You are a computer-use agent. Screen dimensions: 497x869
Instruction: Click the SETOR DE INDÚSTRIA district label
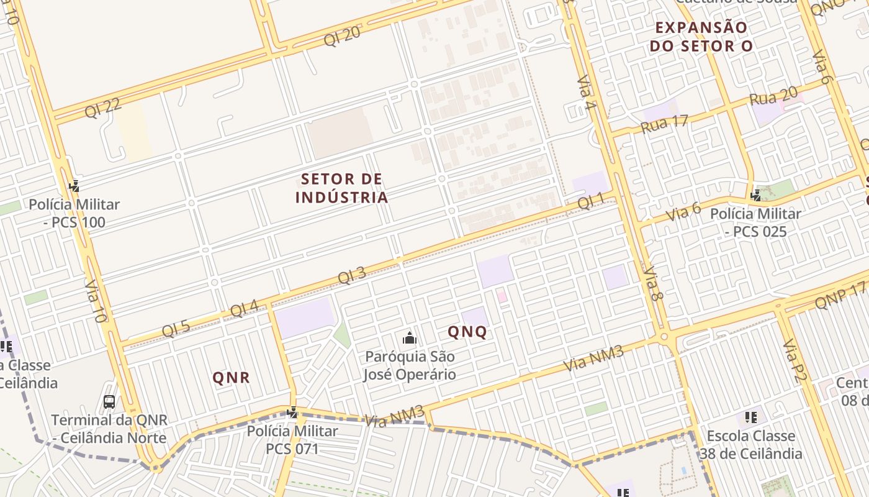pyautogui.click(x=342, y=188)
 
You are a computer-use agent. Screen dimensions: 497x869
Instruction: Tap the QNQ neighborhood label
pyautogui.click(x=467, y=332)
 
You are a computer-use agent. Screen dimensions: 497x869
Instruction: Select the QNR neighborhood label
pyautogui.click(x=231, y=377)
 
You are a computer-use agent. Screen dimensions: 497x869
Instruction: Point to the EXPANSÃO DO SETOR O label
pyautogui.click(x=701, y=37)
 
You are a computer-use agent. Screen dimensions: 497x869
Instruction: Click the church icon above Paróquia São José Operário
pyautogui.click(x=409, y=338)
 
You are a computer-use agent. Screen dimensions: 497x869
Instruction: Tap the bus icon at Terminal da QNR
pyautogui.click(x=109, y=402)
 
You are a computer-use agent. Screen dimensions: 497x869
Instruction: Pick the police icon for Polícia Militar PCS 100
pyautogui.click(x=74, y=185)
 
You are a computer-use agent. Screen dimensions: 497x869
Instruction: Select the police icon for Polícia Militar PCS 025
pyautogui.click(x=755, y=195)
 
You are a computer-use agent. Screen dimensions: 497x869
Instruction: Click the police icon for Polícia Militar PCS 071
pyautogui.click(x=292, y=412)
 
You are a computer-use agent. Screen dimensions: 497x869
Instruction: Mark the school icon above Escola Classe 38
pyautogui.click(x=750, y=417)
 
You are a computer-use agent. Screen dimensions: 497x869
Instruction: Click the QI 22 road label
pyautogui.click(x=103, y=107)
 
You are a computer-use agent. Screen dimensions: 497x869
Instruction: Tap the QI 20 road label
pyautogui.click(x=342, y=36)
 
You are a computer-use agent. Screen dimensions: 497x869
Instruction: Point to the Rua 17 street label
pyautogui.click(x=665, y=122)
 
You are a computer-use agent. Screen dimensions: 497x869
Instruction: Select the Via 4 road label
pyautogui.click(x=586, y=94)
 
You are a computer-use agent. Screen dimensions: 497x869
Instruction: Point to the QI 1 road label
pyautogui.click(x=590, y=201)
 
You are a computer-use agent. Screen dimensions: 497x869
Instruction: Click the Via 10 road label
pyautogui.click(x=95, y=300)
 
